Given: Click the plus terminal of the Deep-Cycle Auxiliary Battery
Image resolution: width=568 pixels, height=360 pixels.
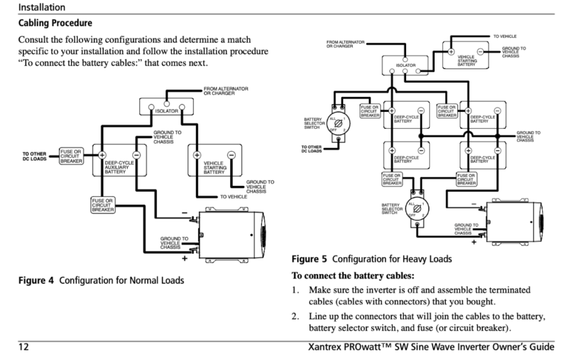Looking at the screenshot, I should click(x=103, y=154).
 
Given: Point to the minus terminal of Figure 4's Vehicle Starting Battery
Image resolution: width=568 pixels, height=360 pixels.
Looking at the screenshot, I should click(x=232, y=154).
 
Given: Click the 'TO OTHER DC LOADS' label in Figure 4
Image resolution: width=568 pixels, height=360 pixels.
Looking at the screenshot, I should click(x=34, y=156).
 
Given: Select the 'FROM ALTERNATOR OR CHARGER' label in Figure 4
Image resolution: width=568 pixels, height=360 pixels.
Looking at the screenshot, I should click(x=225, y=91).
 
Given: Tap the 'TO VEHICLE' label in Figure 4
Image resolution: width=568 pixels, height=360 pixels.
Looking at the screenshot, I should click(x=233, y=196).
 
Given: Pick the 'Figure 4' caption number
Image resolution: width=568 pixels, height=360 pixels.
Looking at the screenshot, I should click(x=36, y=280).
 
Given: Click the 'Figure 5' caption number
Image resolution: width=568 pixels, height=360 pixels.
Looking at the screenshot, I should click(x=309, y=259).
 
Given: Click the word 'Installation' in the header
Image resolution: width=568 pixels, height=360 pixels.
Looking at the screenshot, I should click(x=41, y=7).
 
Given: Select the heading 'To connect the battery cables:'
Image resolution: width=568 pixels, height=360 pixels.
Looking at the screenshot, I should click(x=353, y=277).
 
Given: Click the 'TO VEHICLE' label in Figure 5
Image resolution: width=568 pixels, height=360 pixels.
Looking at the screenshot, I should click(x=504, y=36).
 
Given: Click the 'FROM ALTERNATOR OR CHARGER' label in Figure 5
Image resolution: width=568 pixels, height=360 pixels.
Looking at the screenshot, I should click(x=345, y=44).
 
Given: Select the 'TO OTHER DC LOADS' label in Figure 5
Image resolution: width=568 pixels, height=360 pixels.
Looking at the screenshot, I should click(x=312, y=149).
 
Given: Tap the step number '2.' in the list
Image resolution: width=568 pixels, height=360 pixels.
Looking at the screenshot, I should click(x=295, y=316).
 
